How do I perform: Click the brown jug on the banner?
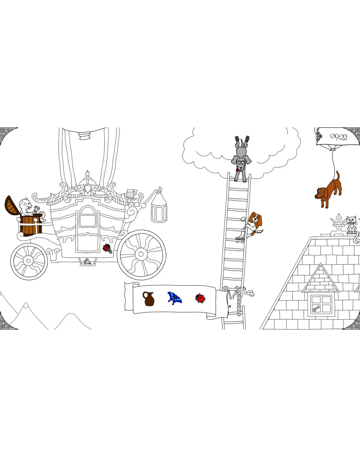pos(149,299)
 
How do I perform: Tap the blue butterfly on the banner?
pos(174,298)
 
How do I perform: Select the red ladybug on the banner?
pos(200,298)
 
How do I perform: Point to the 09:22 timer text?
pos(338,137)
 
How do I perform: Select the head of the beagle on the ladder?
pos(255,220)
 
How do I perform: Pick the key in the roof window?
pos(316,308)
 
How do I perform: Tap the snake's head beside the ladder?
pos(250,292)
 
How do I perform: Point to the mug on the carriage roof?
pos(131,193)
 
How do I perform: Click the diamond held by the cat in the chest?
pos(37,209)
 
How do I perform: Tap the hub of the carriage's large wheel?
pos(141,254)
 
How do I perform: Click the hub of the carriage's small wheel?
pos(28,261)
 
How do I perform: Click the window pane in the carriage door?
pos(87,220)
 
